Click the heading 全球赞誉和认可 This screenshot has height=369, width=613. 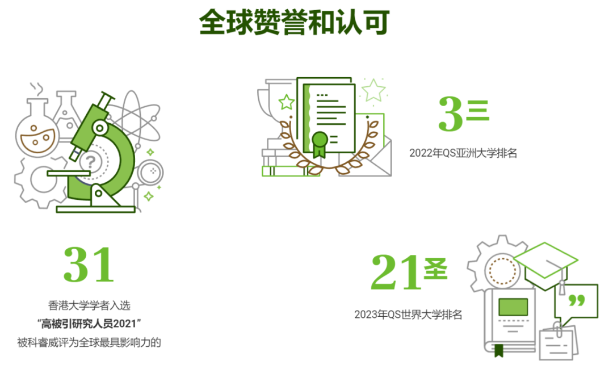coord(294,22)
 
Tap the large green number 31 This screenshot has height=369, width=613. coord(89,265)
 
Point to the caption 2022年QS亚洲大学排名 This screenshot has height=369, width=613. coord(463,153)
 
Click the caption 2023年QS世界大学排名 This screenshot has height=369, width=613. coord(408,315)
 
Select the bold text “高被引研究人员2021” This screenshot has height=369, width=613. coord(89,324)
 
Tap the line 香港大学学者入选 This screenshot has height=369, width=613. coord(89,305)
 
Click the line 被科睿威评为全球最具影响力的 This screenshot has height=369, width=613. coord(89,342)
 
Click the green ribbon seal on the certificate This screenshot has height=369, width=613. coord(320,142)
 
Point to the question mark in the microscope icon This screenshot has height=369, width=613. coord(89,162)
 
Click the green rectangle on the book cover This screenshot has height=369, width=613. coord(513,307)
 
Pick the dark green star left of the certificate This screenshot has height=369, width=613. coord(287,102)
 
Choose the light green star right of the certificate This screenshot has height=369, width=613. coord(373,90)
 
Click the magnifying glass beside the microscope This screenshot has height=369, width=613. coord(150,173)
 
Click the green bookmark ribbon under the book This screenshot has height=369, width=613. coord(498,350)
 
